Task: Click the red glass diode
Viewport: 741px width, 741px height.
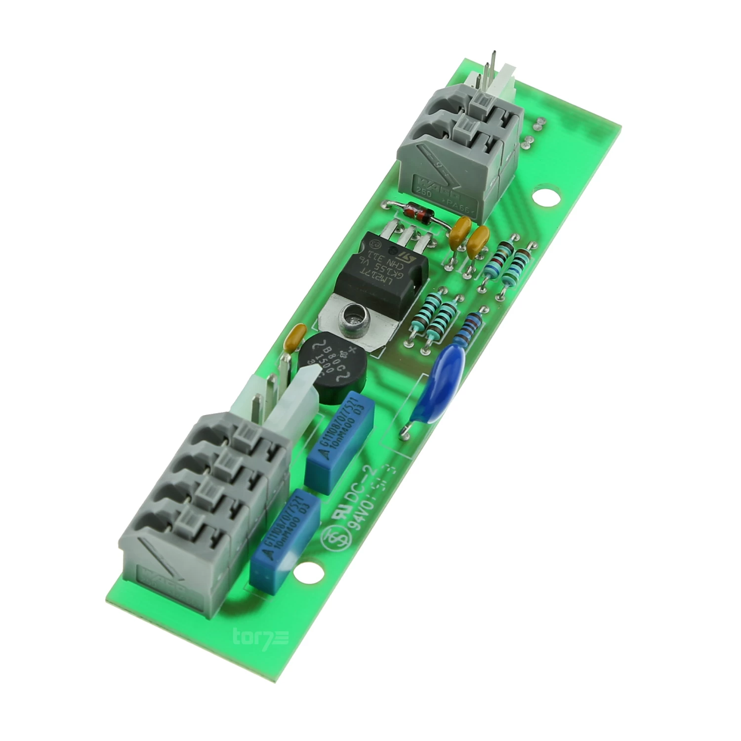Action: coord(418,213)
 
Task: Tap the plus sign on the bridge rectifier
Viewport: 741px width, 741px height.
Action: coord(352,352)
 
